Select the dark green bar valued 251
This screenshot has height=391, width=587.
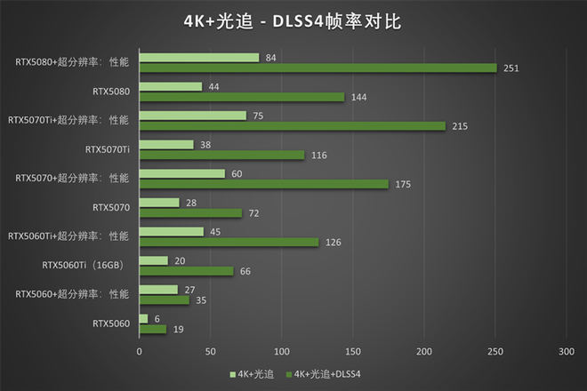coord(318,68)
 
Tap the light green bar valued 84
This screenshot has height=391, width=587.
coord(199,58)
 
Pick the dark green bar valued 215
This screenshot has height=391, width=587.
coord(292,126)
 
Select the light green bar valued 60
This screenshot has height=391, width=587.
coord(182,173)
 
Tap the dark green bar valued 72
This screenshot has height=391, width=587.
coord(190,213)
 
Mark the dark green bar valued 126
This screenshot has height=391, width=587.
coord(229,242)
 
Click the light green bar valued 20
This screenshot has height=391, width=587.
coord(154,260)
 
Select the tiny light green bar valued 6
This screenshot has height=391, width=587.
coord(144,318)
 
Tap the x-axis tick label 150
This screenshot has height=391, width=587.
coord(353,352)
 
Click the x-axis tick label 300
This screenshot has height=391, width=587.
coord(566,352)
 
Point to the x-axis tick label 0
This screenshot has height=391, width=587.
coord(140,352)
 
